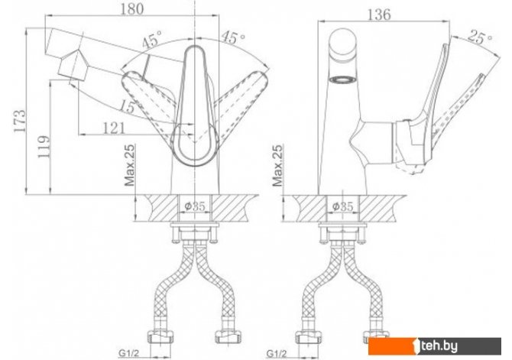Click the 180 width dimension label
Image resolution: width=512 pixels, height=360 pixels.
pyautogui.click(x=131, y=9)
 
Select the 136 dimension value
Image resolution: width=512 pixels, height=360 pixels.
pyautogui.click(x=379, y=15)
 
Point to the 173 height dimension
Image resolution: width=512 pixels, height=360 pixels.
pyautogui.click(x=20, y=121)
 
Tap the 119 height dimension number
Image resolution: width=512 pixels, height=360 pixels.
pyautogui.click(x=44, y=147)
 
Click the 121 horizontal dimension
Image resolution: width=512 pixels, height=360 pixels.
pyautogui.click(x=114, y=128)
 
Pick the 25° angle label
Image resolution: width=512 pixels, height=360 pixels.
pyautogui.click(x=480, y=37)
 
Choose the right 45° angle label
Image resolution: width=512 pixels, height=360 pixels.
pyautogui.click(x=233, y=37)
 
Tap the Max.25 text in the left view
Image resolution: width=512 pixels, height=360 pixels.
pyautogui.click(x=130, y=165)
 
